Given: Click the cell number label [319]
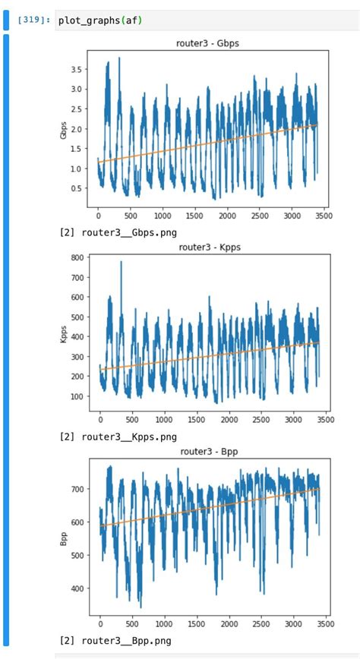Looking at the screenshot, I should click(33, 20).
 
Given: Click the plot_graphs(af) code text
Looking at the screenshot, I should click(100, 20).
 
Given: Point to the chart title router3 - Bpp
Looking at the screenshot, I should click(210, 450).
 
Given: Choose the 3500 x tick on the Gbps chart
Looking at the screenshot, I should click(324, 216).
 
